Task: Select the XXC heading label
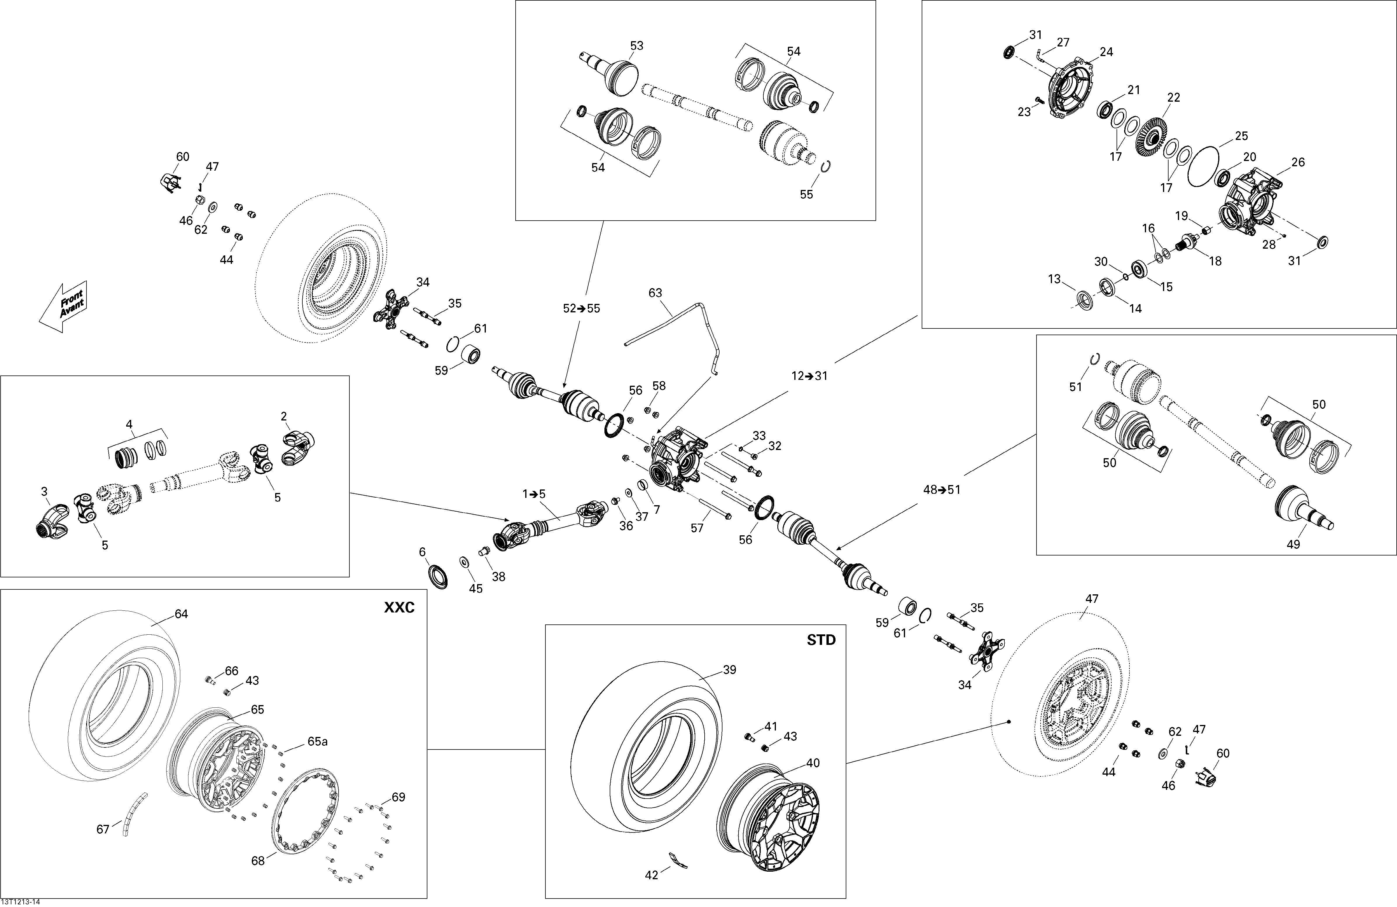(399, 607)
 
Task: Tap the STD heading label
(821, 641)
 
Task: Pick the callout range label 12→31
(809, 376)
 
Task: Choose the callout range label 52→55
(582, 308)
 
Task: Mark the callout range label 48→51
(942, 490)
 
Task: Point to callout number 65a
(317, 741)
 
